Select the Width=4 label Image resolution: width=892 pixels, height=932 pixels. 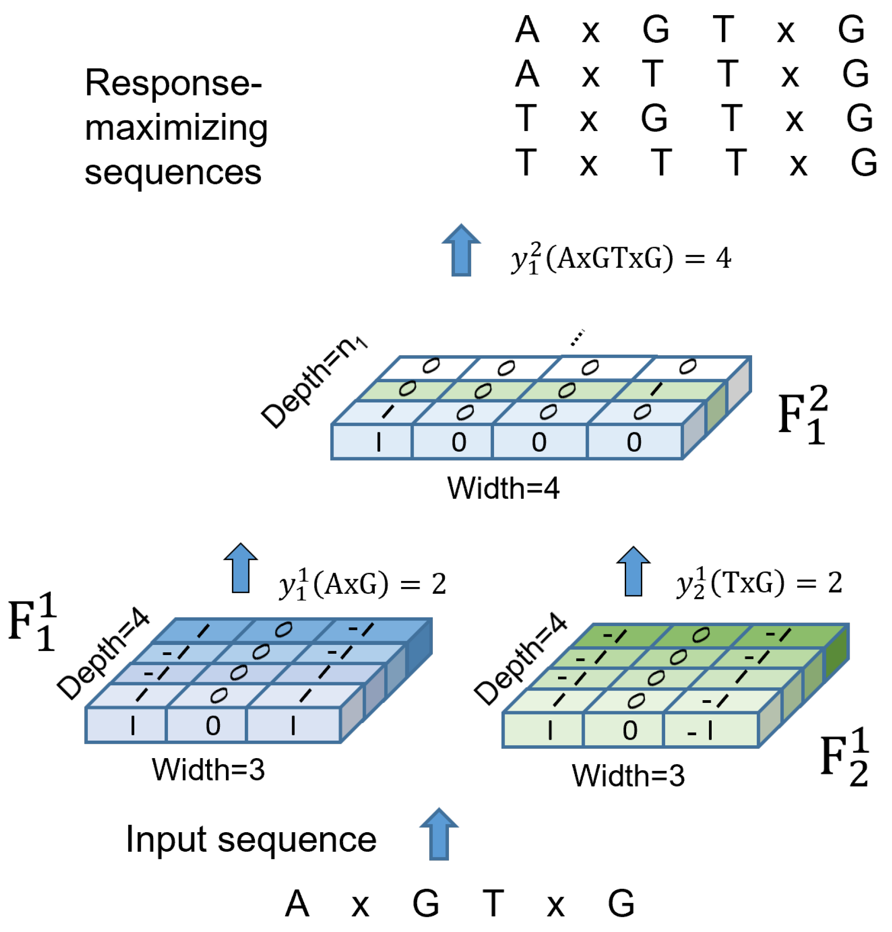coord(503,489)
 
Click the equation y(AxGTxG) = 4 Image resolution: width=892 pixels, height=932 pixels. coord(621,259)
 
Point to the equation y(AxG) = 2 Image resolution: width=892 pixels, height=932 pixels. coord(363,584)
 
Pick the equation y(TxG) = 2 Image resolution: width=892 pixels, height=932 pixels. coord(759,583)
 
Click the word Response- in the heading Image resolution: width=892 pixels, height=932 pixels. coord(173,84)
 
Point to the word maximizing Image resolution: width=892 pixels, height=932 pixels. coord(176,128)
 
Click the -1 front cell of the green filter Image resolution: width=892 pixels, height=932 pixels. coord(710,731)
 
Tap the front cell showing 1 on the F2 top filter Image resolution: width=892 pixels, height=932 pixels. coord(372,442)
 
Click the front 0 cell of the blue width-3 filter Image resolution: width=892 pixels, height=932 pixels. coord(207,725)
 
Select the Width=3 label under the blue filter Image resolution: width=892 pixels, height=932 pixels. coord(208,769)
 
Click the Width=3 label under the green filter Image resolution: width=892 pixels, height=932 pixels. coord(627,776)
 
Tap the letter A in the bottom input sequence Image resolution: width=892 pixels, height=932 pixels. coord(297,903)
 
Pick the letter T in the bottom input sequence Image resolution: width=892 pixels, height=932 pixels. coord(493,903)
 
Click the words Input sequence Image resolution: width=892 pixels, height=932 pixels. coord(251,840)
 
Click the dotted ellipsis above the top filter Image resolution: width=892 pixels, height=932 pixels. coord(576,338)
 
